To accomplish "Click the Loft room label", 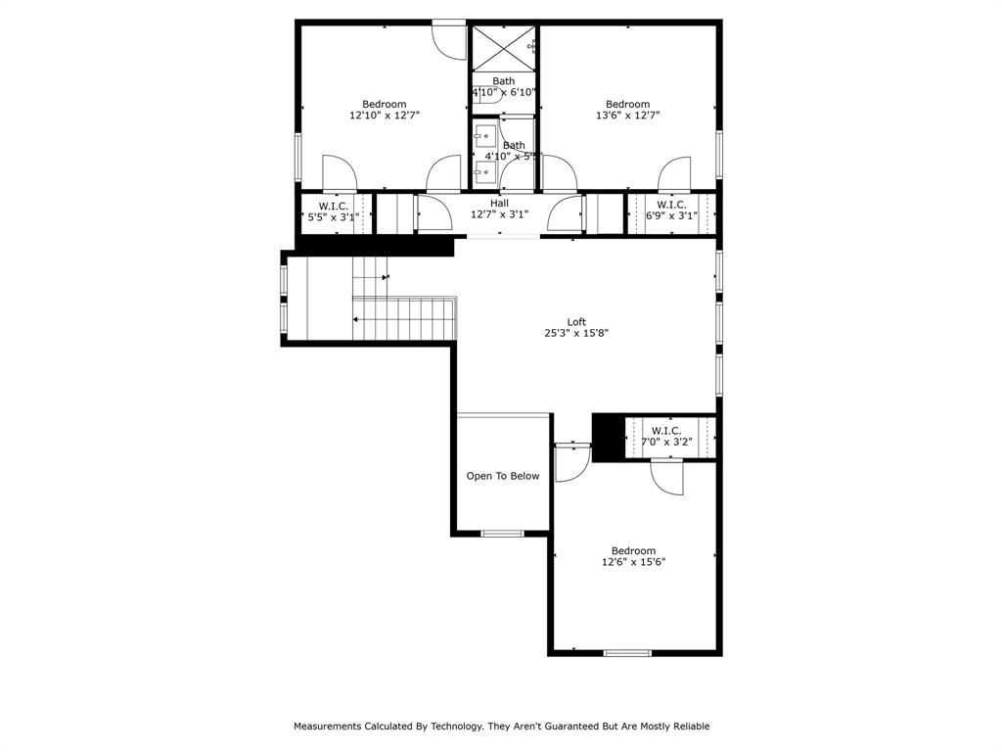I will (x=576, y=321).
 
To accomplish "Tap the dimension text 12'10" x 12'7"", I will (x=385, y=116).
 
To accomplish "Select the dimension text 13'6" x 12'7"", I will (x=627, y=116).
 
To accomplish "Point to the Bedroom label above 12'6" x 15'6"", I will (x=633, y=550).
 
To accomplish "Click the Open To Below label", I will (x=502, y=476).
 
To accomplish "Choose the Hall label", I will (x=499, y=204).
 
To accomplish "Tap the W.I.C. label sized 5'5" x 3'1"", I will (x=334, y=206).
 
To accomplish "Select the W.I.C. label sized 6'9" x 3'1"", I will (x=670, y=205).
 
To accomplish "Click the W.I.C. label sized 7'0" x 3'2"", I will (x=666, y=431).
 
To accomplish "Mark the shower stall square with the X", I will (x=503, y=48).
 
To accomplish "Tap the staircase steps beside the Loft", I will (x=403, y=318).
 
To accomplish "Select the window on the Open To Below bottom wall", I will (x=502, y=534).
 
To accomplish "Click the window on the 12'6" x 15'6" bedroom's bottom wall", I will (x=626, y=652).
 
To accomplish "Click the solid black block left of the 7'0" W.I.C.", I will (x=608, y=437).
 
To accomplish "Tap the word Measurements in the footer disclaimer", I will (x=327, y=727).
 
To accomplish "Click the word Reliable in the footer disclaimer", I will (x=688, y=727).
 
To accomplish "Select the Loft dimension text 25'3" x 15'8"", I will (x=576, y=333).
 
